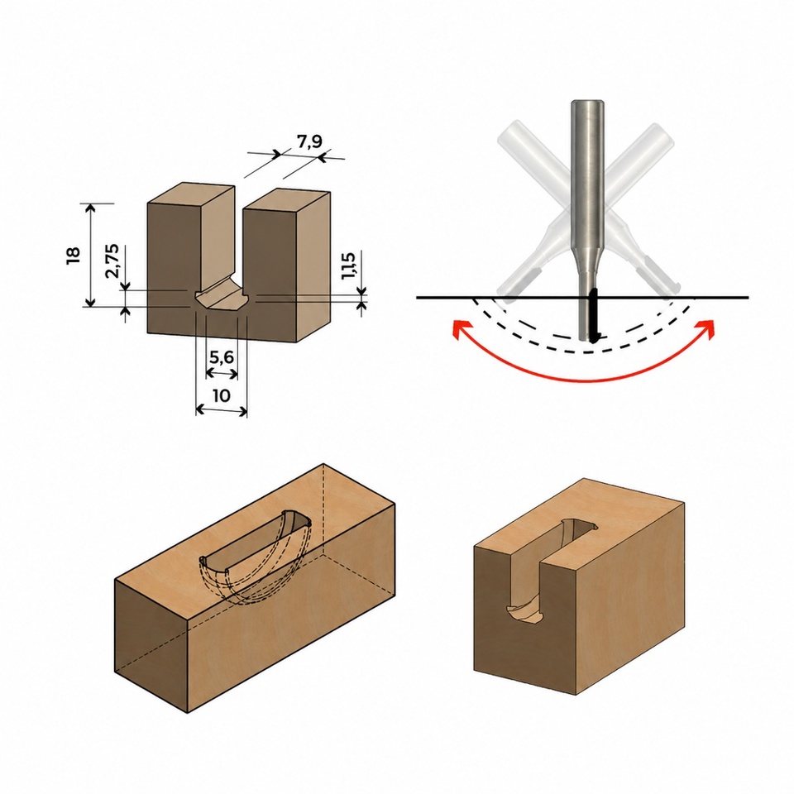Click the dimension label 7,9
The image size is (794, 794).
click(309, 141)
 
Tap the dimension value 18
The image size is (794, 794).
click(73, 255)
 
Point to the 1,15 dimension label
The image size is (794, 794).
click(348, 265)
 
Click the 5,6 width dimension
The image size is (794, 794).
click(222, 357)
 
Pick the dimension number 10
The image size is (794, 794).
click(222, 395)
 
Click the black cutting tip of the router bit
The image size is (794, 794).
click(594, 315)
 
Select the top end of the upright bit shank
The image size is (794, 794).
click(587, 103)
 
